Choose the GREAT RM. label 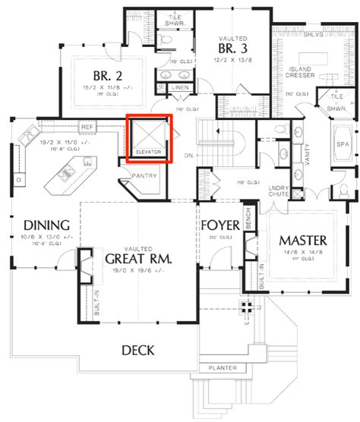pos(137,260)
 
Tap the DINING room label pos(47,225)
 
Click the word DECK pos(137,350)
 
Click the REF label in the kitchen pos(87,127)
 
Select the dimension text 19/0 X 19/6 pos(137,271)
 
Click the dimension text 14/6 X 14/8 pos(302,252)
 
